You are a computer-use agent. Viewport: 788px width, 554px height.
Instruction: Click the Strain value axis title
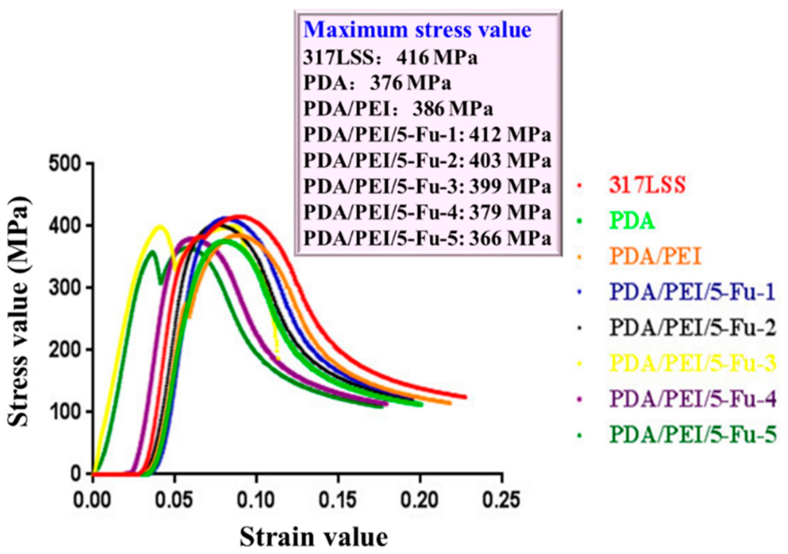(x=314, y=537)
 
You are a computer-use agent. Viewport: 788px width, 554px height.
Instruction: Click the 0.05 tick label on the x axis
(x=174, y=500)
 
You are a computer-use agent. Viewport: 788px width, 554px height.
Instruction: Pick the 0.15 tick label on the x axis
(x=338, y=500)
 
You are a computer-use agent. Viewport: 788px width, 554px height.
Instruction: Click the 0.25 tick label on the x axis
(x=501, y=500)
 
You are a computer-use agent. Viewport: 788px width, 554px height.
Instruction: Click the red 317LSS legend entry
(x=647, y=185)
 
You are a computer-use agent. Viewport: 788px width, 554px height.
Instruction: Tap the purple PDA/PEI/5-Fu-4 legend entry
(x=693, y=399)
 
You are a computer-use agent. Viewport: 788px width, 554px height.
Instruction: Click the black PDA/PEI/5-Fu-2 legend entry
(x=693, y=328)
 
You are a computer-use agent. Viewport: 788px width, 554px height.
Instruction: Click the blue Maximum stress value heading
(x=417, y=30)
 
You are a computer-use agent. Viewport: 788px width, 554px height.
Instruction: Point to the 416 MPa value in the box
(x=437, y=58)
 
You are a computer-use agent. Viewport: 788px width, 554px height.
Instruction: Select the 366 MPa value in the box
(x=510, y=239)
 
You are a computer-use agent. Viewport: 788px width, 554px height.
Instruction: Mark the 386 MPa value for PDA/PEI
(x=453, y=109)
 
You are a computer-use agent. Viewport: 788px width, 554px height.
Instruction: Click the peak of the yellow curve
(x=160, y=226)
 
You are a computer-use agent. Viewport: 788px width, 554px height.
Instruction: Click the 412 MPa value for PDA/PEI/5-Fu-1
(x=510, y=135)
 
